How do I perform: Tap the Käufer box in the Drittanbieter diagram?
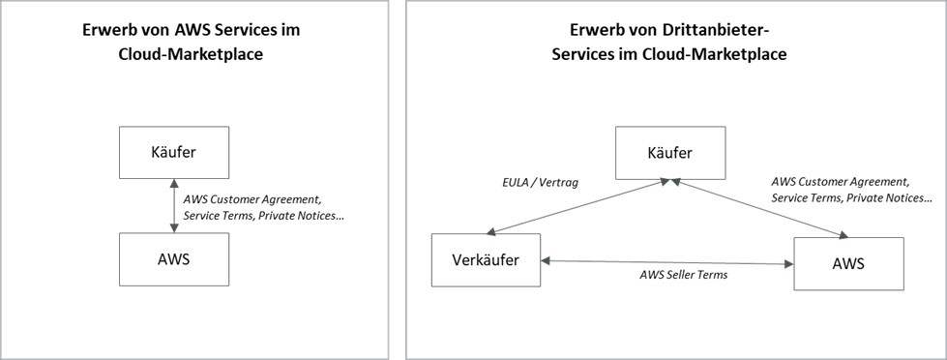tap(669, 152)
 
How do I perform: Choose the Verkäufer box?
tap(487, 261)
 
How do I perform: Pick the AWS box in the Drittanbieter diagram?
tap(848, 262)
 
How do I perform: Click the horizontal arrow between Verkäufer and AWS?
tap(667, 261)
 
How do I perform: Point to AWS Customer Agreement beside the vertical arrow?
tap(253, 198)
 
